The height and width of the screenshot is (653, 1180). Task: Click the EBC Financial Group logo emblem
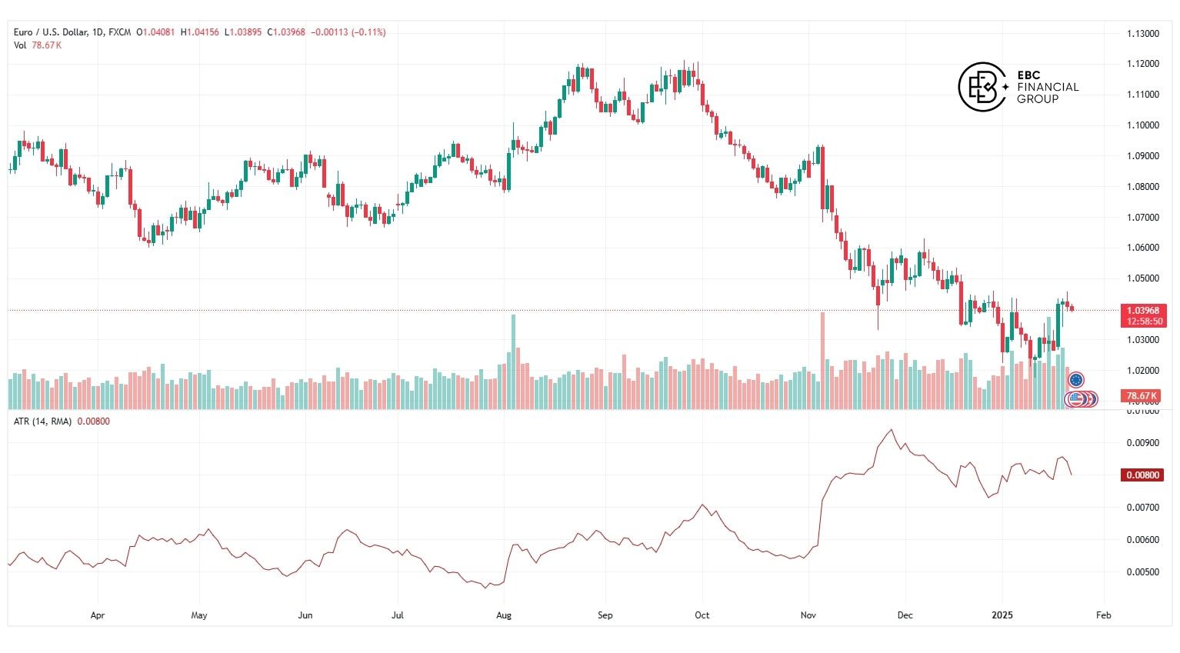pos(982,86)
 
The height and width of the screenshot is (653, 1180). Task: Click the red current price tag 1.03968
pos(1143,311)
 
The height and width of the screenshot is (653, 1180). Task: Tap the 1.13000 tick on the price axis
pos(1142,34)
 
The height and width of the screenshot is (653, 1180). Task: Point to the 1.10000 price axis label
pos(1142,125)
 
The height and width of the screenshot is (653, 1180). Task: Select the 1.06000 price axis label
pos(1142,248)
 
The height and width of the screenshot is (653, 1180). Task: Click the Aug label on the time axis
pos(504,615)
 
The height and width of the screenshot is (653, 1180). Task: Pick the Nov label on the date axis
pos(808,615)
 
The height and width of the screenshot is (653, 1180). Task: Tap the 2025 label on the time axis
pos(1002,615)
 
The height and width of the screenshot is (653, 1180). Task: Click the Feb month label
pos(1103,615)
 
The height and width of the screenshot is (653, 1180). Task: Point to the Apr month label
pos(98,615)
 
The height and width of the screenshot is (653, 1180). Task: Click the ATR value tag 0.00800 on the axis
pos(1142,475)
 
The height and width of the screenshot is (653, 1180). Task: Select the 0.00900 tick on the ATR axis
pos(1142,443)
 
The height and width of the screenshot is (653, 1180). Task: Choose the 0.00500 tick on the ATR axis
pos(1142,572)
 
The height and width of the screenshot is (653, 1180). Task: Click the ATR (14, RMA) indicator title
pos(42,421)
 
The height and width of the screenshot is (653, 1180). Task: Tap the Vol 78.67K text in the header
pos(37,45)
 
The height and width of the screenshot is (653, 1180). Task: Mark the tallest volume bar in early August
pos(513,361)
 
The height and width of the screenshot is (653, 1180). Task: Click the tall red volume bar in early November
pos(822,360)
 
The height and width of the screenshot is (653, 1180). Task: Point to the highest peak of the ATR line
pos(891,430)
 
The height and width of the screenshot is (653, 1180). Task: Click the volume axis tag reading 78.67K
pos(1142,396)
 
